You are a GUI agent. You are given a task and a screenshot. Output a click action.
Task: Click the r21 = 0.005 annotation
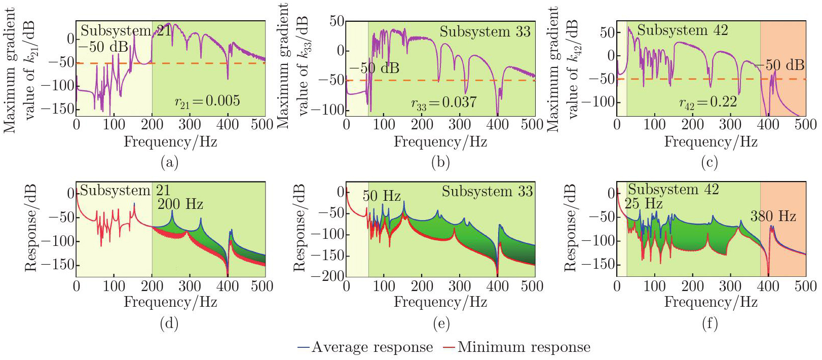point(207,101)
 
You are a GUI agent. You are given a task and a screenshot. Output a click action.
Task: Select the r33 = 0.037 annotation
point(444,103)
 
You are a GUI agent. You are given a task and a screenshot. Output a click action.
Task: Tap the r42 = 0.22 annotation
point(708,103)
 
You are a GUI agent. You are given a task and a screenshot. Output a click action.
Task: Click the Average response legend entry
point(365,347)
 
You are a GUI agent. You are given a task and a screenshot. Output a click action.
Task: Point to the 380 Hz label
point(773,217)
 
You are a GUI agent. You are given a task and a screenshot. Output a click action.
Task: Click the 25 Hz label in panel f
point(644,204)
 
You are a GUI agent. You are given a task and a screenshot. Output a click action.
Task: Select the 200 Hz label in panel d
point(180,204)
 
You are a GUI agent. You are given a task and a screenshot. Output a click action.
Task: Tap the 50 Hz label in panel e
point(381,196)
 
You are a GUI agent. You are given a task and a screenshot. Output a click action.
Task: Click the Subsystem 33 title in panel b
point(485,32)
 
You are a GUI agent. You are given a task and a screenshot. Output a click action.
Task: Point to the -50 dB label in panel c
point(780,65)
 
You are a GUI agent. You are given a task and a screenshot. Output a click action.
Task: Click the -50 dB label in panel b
point(374,68)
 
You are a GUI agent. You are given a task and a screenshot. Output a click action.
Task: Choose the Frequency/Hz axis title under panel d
point(170,302)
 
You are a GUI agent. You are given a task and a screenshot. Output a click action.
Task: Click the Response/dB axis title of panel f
point(571,228)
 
